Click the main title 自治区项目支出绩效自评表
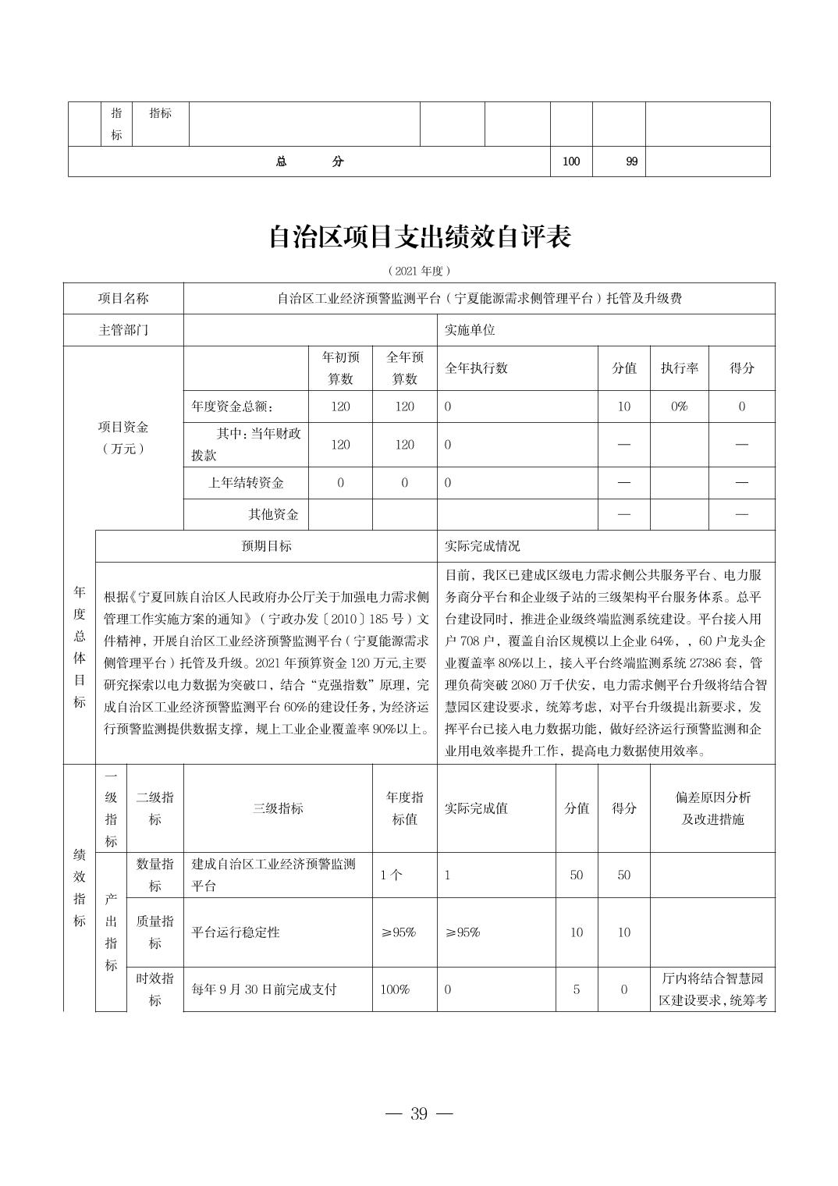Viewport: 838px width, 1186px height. point(419,236)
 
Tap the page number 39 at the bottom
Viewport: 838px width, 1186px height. point(419,1113)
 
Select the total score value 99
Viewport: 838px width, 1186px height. point(631,162)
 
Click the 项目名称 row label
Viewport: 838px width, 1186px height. point(123,298)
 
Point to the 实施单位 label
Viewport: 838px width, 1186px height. point(470,330)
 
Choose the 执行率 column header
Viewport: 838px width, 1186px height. point(679,368)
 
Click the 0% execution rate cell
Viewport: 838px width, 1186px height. point(679,407)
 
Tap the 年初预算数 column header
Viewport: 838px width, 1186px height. point(340,368)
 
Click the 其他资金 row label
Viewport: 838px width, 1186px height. point(273,514)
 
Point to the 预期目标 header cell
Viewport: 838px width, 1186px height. point(266,546)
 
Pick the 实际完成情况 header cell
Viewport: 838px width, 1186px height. point(482,546)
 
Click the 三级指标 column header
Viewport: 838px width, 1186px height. point(278,808)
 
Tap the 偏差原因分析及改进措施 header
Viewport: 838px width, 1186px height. point(712,808)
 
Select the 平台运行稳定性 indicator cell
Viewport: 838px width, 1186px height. point(236,932)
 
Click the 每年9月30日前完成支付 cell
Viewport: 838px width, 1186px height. point(264,989)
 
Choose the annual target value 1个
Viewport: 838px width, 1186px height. point(391,875)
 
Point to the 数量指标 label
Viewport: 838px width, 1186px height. point(154,875)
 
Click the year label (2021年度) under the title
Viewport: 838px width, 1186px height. point(419,271)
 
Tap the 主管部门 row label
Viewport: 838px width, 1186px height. point(123,330)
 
